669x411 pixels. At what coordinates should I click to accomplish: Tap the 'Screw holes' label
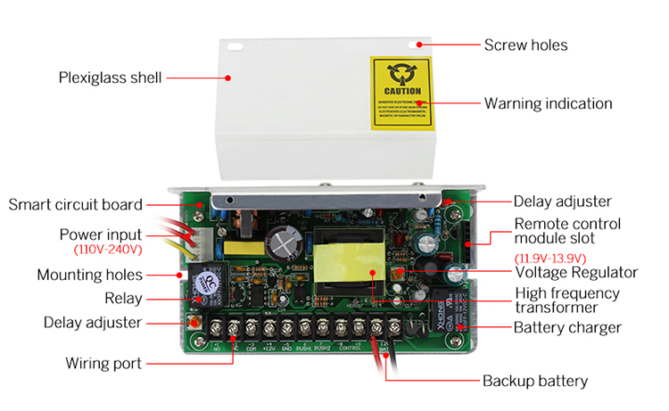(524, 45)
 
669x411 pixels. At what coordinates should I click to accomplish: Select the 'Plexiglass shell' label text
(110, 78)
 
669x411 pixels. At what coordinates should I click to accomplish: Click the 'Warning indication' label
(548, 103)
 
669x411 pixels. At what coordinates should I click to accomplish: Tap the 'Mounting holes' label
(89, 275)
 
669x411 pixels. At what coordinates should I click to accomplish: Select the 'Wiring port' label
(103, 363)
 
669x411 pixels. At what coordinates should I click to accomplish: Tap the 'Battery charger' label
(567, 327)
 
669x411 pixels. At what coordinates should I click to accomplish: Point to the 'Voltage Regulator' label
(576, 273)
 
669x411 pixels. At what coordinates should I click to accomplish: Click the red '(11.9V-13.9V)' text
(549, 258)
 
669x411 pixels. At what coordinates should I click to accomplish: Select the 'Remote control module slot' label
(567, 231)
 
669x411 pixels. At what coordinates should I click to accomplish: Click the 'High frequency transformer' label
(567, 300)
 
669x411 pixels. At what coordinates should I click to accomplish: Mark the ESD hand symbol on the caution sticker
(401, 75)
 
